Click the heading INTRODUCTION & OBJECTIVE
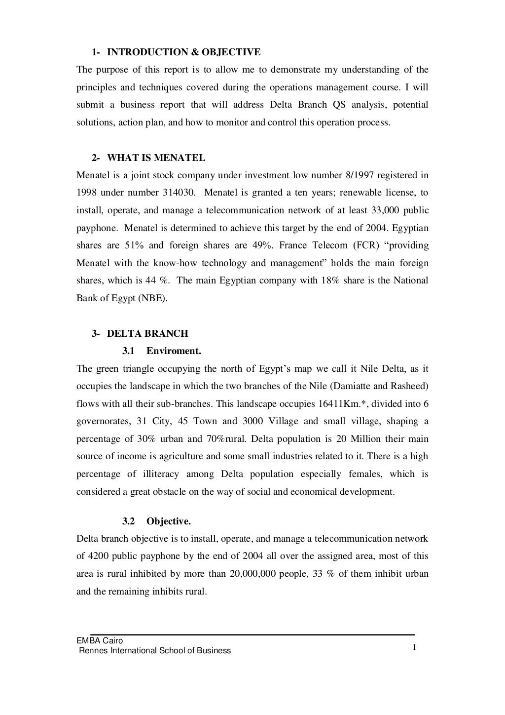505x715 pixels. pyautogui.click(x=183, y=52)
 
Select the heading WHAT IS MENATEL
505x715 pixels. pyautogui.click(x=156, y=158)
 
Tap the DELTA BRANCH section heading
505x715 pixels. pyautogui.click(x=147, y=333)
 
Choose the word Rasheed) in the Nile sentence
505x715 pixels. pyautogui.click(x=410, y=386)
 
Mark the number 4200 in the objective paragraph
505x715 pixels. pyautogui.click(x=99, y=556)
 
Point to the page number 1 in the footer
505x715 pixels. pyautogui.click(x=415, y=648)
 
